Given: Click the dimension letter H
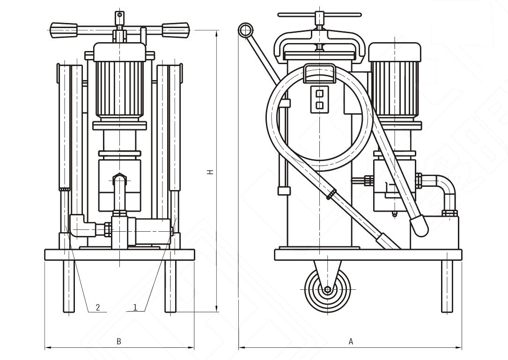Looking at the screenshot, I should tap(211, 172).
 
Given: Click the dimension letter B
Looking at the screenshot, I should tap(119, 341).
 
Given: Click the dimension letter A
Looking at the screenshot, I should tap(351, 341).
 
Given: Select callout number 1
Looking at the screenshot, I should tap(135, 308).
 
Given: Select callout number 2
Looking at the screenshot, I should tap(98, 308).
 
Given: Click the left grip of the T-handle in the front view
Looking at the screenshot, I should tap(64, 29).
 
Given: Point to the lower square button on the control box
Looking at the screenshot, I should tap(320, 105).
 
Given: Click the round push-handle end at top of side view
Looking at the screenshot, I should tap(244, 30).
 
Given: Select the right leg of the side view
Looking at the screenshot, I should tap(447, 286).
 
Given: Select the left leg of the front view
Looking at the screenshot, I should tap(69, 286).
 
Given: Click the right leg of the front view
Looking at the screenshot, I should tap(170, 286).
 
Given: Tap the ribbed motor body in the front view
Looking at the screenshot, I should tap(120, 89).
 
